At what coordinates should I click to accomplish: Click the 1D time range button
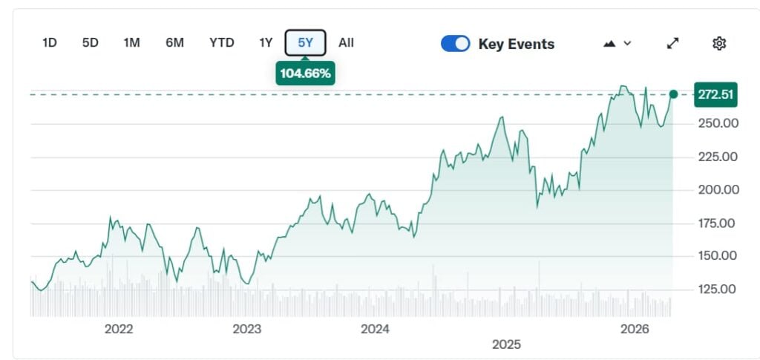pos(49,43)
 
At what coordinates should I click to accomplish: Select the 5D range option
pos(91,43)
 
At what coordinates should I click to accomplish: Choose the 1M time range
pos(131,43)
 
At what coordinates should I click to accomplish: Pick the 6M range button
pos(174,43)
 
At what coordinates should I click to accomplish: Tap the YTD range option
pos(222,43)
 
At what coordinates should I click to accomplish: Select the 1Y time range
pos(266,43)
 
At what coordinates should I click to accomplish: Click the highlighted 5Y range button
pos(305,43)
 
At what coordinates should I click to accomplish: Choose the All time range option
pos(346,43)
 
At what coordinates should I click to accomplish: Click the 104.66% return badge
pos(305,73)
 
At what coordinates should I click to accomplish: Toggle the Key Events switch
pos(455,44)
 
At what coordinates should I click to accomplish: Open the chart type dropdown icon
pos(617,44)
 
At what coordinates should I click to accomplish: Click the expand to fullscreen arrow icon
pos(673,43)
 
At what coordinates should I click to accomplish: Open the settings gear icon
pos(718,43)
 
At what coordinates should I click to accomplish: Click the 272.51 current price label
pos(715,94)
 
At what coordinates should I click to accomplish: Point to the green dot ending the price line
pos(673,94)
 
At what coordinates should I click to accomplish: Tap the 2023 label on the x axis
pos(246,329)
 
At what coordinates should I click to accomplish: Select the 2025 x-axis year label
pos(506,344)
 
